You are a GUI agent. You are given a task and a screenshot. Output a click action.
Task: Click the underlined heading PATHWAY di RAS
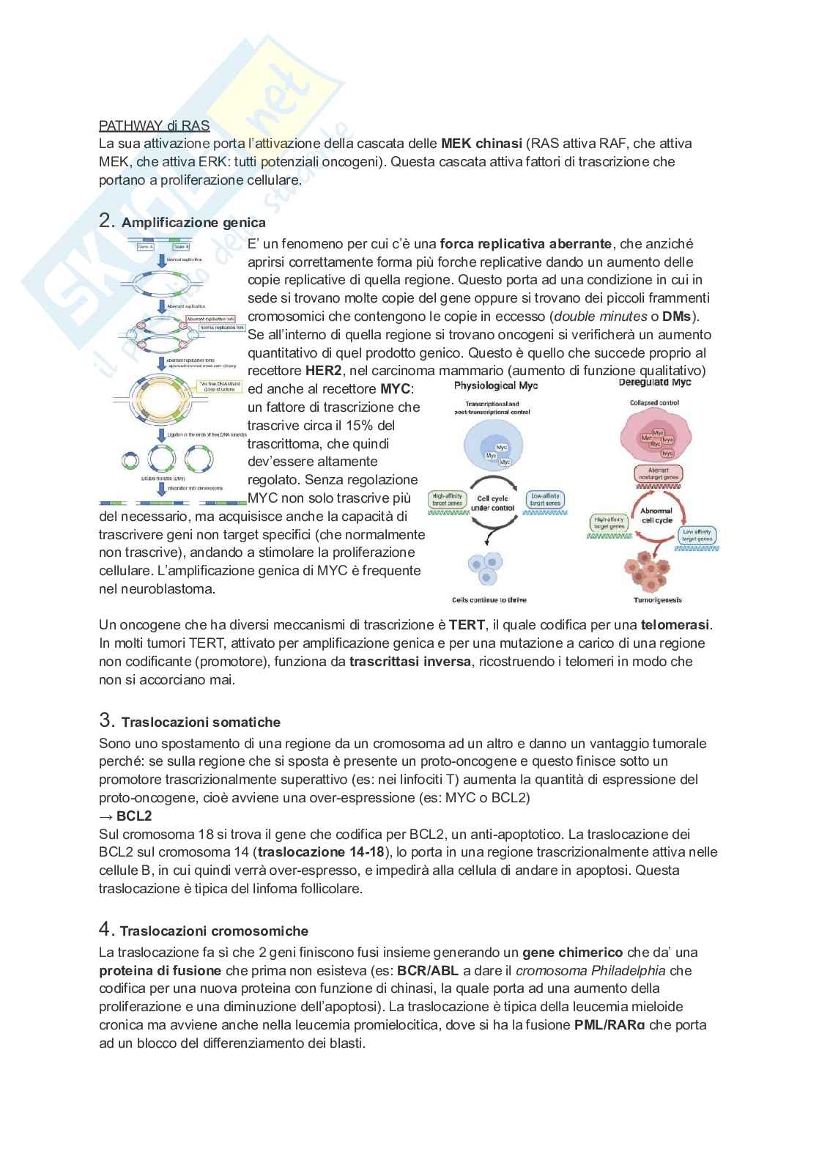pyautogui.click(x=154, y=125)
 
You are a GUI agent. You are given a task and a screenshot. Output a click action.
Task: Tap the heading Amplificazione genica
pyautogui.click(x=193, y=222)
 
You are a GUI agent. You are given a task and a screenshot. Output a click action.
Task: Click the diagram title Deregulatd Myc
pyautogui.click(x=653, y=382)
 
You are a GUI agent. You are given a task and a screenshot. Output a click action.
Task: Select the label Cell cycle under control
pyautogui.click(x=492, y=503)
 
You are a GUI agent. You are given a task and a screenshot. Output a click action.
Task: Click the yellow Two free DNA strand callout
pyautogui.click(x=218, y=387)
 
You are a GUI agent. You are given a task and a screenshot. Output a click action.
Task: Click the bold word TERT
pyautogui.click(x=462, y=625)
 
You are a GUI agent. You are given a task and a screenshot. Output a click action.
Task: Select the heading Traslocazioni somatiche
pyautogui.click(x=201, y=722)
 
